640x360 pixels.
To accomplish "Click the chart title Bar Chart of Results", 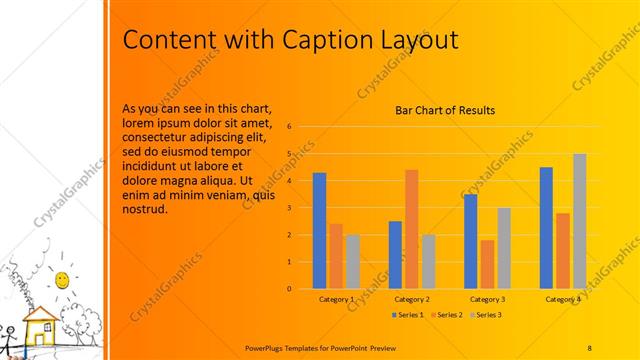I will click(x=444, y=111).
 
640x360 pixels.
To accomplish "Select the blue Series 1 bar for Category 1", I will click(x=319, y=230).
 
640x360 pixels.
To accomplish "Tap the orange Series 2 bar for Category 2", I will click(x=411, y=229).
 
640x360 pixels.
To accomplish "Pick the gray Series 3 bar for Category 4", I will click(x=579, y=221).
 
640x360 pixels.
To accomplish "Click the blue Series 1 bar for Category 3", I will click(x=470, y=241).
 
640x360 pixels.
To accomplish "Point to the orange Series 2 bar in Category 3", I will click(x=487, y=264).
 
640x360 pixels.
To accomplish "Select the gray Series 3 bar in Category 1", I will click(x=352, y=261).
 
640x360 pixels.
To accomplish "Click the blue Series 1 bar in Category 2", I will click(x=395, y=254).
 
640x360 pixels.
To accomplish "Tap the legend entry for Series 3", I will click(x=484, y=315).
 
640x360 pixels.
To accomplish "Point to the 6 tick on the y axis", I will click(x=288, y=127).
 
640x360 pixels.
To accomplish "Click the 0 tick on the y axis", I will click(x=288, y=289).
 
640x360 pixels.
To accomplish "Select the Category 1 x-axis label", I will click(x=336, y=299).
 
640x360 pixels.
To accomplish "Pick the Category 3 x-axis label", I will click(x=487, y=299).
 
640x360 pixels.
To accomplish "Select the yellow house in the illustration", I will click(x=40, y=325).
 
